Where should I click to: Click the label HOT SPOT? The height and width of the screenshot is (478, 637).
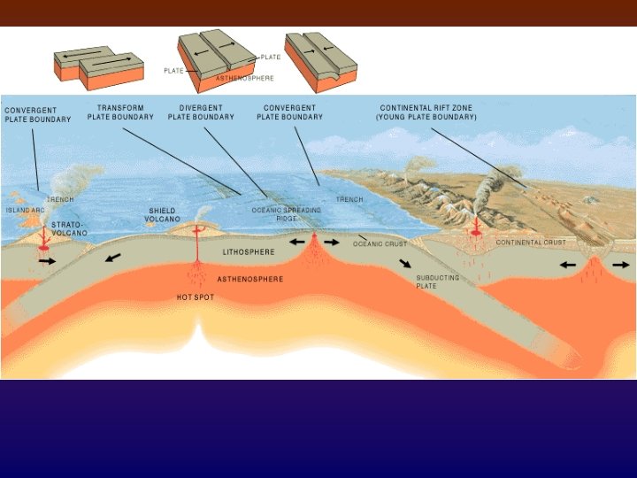pyautogui.click(x=195, y=297)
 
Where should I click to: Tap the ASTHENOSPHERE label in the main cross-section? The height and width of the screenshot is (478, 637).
pyautogui.click(x=250, y=279)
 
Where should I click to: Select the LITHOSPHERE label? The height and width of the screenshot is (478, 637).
pyautogui.click(x=249, y=252)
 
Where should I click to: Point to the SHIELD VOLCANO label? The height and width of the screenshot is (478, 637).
pyautogui.click(x=164, y=215)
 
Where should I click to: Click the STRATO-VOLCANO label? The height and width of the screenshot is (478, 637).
pyautogui.click(x=70, y=228)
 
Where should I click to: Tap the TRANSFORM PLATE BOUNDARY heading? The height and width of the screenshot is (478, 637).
pyautogui.click(x=120, y=112)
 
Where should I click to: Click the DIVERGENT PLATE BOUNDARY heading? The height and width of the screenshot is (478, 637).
pyautogui.click(x=201, y=112)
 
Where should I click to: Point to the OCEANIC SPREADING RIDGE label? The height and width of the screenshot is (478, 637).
pyautogui.click(x=286, y=213)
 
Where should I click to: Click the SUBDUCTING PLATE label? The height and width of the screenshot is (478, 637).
pyautogui.click(x=437, y=281)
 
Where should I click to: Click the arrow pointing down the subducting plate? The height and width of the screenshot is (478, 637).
pyautogui.click(x=404, y=263)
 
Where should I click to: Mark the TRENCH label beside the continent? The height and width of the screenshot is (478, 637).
pyautogui.click(x=349, y=200)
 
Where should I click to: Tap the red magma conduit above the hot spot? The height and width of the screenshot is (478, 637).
pyautogui.click(x=196, y=248)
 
